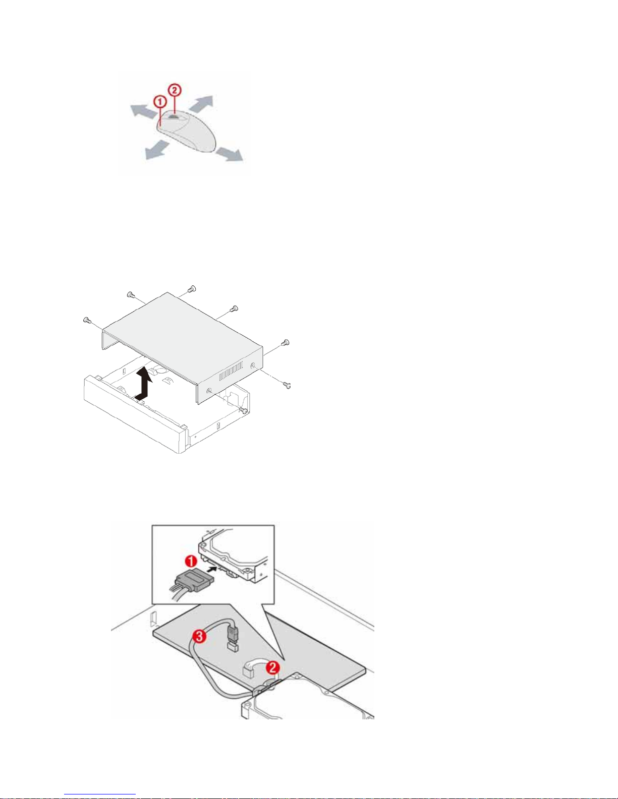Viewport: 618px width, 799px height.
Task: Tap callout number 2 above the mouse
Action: [174, 91]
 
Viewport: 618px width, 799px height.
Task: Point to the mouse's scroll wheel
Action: [173, 115]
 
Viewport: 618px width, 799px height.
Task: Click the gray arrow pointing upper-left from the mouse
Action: [140, 110]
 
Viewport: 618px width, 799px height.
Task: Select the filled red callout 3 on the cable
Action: [200, 637]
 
